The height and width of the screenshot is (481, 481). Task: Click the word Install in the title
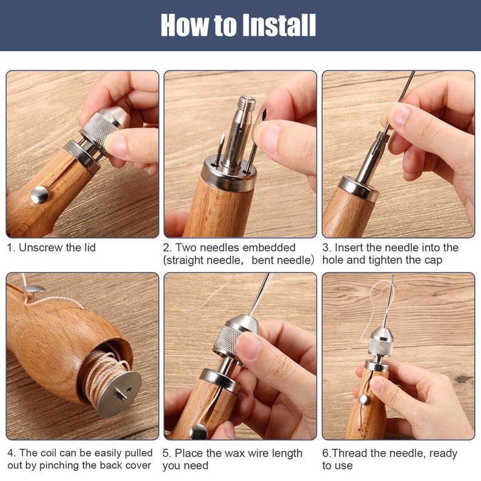(x=279, y=25)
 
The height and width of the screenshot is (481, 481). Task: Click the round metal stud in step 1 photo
(x=39, y=194)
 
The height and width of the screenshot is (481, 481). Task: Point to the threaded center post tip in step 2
(x=245, y=104)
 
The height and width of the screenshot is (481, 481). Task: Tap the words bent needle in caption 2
(x=285, y=260)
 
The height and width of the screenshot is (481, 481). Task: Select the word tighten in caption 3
(x=385, y=260)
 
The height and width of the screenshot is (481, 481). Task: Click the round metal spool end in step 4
(x=119, y=393)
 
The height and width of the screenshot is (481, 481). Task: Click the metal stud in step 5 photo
(x=198, y=431)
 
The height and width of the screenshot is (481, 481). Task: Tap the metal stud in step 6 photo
(x=363, y=399)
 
